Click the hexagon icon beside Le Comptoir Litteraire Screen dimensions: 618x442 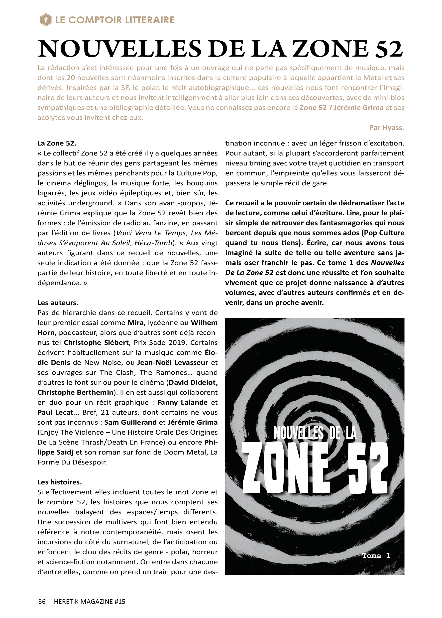[x=46, y=20]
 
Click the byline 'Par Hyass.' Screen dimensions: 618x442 [x=386, y=128]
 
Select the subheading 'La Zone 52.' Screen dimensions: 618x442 [x=57, y=143]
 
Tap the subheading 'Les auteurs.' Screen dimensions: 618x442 [x=58, y=303]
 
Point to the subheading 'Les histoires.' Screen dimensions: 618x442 [x=60, y=482]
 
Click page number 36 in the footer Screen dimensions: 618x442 [x=42, y=601]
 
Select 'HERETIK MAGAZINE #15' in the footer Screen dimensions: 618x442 [x=90, y=601]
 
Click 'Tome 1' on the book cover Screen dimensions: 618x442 [x=376, y=555]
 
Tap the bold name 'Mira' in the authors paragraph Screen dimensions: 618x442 [x=135, y=323]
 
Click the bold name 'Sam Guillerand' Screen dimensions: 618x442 [x=130, y=422]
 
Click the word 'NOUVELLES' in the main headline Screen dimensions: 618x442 [x=120, y=49]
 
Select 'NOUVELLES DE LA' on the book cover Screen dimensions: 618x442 [x=315, y=433]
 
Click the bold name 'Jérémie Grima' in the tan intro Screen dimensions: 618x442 [x=358, y=108]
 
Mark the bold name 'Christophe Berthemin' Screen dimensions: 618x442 [x=75, y=392]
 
